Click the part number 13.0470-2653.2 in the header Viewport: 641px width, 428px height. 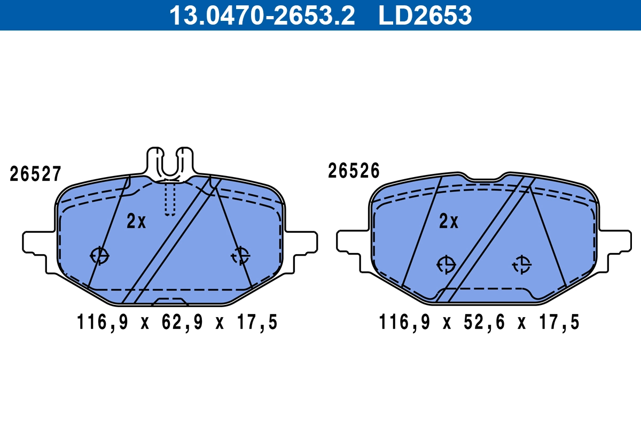(x=262, y=15)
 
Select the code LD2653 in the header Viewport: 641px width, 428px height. (x=425, y=15)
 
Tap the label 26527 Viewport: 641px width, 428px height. (x=36, y=174)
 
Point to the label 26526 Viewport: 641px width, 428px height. (x=354, y=171)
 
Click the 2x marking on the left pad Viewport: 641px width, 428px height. (x=136, y=221)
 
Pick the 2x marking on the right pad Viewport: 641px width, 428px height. (x=449, y=221)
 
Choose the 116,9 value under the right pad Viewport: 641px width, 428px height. (x=404, y=323)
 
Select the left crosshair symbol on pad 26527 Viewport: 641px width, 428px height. (x=99, y=256)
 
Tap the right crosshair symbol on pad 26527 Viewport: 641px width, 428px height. (x=240, y=256)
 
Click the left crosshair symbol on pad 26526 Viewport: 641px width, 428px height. (x=445, y=264)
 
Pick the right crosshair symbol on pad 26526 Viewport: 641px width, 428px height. (x=521, y=264)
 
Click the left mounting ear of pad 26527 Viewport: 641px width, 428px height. (x=37, y=242)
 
